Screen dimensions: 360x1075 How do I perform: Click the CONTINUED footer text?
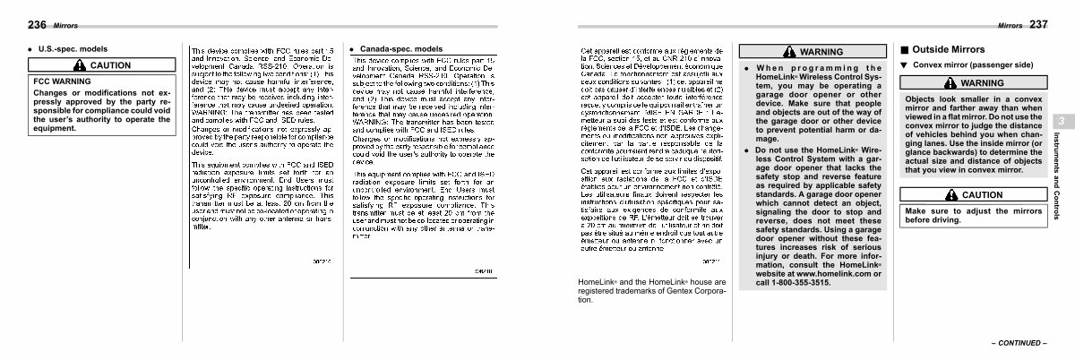pos(1019,343)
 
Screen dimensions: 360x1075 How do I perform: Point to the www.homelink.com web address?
pos(813,274)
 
